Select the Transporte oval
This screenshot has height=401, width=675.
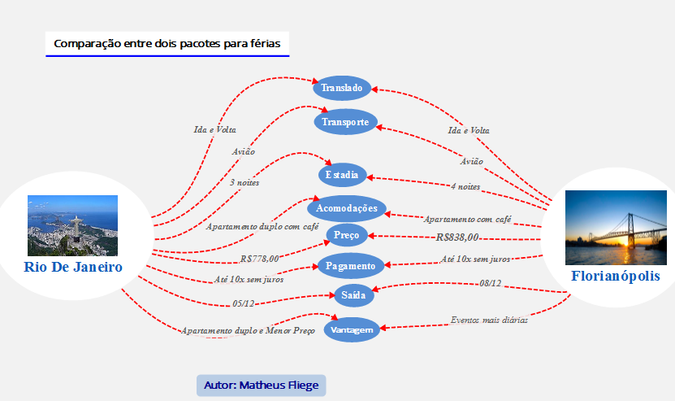coord(345,122)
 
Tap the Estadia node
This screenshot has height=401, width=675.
coord(342,175)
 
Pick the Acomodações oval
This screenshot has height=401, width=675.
coord(347,208)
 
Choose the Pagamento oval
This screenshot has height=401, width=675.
coord(349,266)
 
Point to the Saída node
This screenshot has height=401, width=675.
coord(353,294)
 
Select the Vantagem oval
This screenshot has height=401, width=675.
coord(353,329)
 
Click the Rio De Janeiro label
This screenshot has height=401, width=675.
coord(73,267)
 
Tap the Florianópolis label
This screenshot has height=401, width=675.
coord(615,276)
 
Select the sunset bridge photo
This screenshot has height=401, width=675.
coord(611,228)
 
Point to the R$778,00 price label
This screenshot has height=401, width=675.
coord(259,259)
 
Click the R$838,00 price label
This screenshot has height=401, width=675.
coord(457,238)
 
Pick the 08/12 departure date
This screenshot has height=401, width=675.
coord(490,284)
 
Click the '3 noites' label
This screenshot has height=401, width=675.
coord(244,183)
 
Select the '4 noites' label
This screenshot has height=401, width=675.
coord(465,186)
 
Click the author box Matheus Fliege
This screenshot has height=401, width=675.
coord(261,386)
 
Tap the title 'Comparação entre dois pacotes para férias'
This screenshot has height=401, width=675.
coord(167,44)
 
